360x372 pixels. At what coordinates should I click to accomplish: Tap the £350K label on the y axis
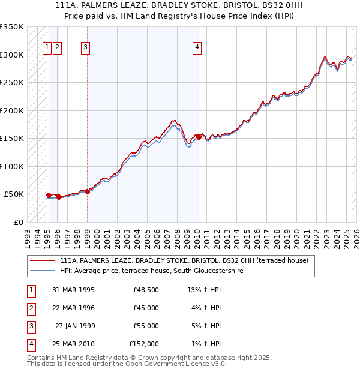click(x=12, y=27)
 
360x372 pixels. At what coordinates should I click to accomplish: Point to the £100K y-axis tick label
click(x=12, y=166)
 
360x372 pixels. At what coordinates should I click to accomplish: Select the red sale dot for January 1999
click(x=88, y=191)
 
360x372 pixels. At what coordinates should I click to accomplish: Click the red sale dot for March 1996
click(x=59, y=197)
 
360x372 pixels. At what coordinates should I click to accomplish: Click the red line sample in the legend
click(x=42, y=261)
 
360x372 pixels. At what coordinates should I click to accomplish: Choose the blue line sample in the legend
click(x=42, y=271)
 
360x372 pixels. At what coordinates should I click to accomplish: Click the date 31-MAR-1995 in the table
click(x=74, y=290)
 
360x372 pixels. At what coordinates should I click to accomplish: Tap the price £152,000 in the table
click(x=144, y=344)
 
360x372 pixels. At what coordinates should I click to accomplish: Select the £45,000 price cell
click(x=146, y=308)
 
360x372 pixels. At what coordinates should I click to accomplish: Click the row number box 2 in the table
click(x=29, y=308)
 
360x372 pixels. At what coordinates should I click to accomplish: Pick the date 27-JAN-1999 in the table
click(x=75, y=326)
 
